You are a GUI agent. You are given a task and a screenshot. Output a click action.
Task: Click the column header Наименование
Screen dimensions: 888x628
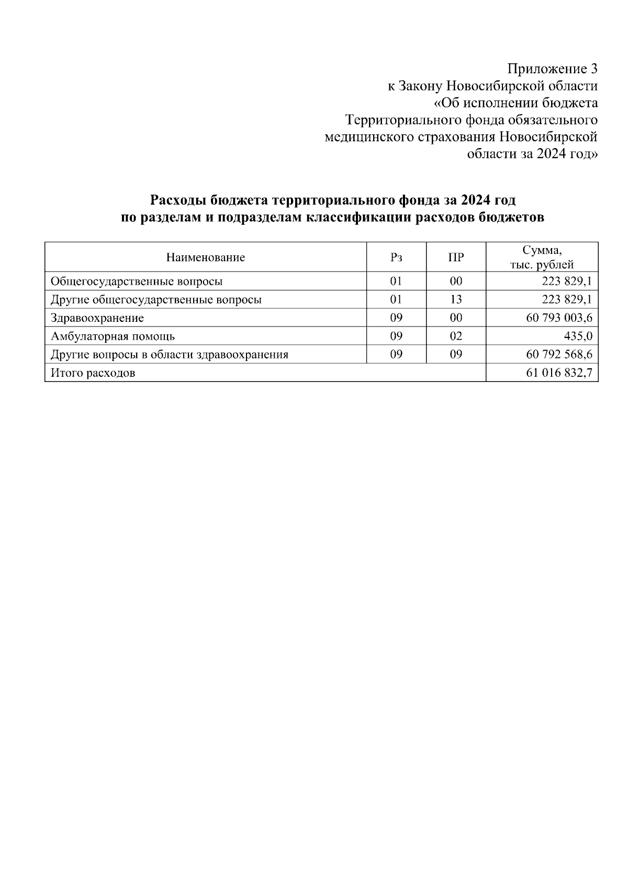206,257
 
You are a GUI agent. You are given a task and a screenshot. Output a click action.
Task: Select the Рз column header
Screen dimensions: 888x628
396,257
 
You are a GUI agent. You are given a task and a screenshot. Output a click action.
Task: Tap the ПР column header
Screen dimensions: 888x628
456,257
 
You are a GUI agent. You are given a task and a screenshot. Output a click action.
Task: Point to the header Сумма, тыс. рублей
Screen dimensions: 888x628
542,257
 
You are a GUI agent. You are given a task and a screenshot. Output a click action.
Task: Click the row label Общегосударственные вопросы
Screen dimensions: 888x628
137,282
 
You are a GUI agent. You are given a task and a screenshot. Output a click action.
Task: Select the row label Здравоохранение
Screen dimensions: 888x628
97,318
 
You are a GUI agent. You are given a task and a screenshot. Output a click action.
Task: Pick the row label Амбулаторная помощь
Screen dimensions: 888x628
113,336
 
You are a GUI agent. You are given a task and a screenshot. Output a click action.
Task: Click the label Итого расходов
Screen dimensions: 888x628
93,373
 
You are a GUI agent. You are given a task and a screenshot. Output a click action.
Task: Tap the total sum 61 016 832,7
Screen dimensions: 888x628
559,373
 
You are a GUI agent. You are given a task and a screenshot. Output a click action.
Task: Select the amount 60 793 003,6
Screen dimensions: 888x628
559,318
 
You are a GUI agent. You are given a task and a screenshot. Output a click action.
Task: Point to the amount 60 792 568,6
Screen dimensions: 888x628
559,355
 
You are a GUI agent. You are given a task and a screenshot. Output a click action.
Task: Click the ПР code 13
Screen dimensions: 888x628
456,300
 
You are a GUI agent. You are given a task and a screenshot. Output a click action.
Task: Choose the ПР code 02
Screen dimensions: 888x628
456,336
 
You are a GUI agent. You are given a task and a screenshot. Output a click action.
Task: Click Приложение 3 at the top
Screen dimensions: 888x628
552,69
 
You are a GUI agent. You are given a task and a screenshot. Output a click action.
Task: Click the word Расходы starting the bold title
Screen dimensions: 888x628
178,200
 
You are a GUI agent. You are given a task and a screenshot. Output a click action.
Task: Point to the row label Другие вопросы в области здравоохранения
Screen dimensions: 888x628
169,355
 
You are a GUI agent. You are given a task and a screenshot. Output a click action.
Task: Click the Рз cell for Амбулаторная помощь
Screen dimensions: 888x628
396,336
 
